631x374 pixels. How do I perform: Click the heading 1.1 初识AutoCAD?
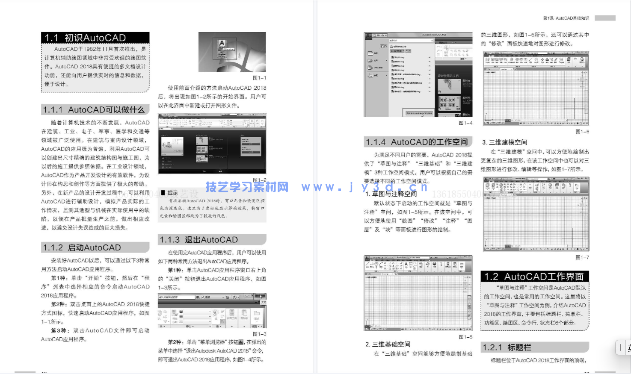pyautogui.click(x=85, y=38)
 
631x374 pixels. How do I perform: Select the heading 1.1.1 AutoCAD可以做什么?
pyautogui.click(x=94, y=110)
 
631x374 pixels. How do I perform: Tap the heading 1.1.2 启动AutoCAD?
pyautogui.click(x=82, y=247)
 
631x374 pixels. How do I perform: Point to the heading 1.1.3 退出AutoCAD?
pyautogui.click(x=198, y=240)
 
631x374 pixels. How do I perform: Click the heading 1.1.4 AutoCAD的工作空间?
pyautogui.click(x=417, y=142)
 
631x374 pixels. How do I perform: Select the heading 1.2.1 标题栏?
pyautogui.click(x=507, y=347)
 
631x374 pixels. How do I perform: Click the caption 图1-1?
pyautogui.click(x=259, y=78)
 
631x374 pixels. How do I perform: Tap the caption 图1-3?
pyautogui.click(x=259, y=334)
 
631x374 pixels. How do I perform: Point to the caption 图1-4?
pyautogui.click(x=465, y=123)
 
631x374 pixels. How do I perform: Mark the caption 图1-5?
pyautogui.click(x=465, y=337)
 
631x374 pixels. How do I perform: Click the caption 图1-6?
pyautogui.click(x=582, y=132)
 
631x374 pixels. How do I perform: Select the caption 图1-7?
pyautogui.click(x=582, y=257)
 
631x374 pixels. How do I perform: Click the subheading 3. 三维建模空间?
pyautogui.click(x=504, y=142)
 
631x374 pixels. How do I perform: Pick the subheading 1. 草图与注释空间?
pyautogui.click(x=391, y=194)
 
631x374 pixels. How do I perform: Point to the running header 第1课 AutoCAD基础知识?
pyautogui.click(x=566, y=18)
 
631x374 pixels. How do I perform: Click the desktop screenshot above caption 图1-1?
pyautogui.click(x=232, y=52)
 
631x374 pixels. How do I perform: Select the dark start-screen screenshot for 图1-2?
pyautogui.click(x=212, y=144)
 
